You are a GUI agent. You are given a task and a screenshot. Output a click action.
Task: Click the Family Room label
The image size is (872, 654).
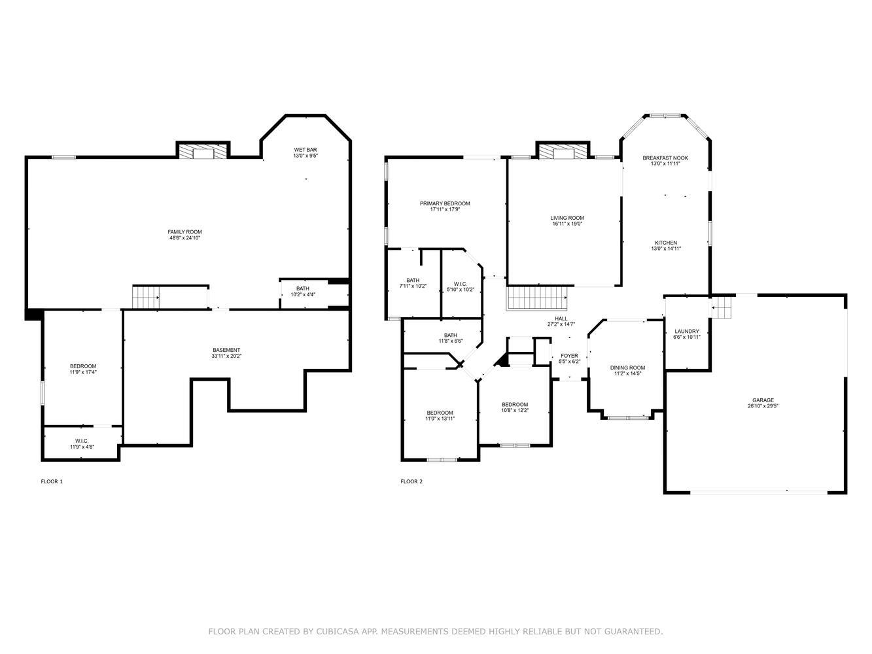point(184,232)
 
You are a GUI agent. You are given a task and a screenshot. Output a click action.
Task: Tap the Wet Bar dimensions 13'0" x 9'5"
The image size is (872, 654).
point(305,156)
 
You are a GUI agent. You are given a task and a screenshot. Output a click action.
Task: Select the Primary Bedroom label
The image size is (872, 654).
point(445,203)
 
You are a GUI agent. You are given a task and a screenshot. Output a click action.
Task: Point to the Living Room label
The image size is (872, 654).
point(567,218)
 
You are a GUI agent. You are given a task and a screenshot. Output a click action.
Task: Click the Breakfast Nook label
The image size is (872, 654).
point(665,158)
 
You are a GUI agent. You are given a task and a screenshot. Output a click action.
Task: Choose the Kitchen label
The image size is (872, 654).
point(666,243)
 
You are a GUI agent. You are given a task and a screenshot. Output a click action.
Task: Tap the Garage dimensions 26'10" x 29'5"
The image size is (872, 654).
point(763,406)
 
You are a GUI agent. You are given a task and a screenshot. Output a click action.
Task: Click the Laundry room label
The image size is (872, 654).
point(686,331)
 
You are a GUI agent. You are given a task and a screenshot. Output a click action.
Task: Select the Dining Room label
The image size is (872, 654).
point(628,368)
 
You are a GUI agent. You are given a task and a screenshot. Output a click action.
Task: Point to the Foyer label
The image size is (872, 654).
point(569,356)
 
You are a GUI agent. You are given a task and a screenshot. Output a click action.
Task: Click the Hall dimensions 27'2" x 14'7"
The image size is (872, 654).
point(561,324)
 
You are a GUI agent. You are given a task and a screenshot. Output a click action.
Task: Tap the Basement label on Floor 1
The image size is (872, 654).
point(226,350)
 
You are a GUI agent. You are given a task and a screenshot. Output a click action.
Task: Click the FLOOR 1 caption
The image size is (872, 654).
point(52,481)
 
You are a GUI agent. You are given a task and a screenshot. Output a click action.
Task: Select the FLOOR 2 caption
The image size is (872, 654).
point(411,481)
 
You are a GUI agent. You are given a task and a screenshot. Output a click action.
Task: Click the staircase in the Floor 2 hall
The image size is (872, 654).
point(536,298)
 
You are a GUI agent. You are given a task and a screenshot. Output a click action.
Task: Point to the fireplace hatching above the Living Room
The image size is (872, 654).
point(563,151)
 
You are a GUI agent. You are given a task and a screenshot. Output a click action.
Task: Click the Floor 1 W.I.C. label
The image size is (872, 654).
point(82,441)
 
